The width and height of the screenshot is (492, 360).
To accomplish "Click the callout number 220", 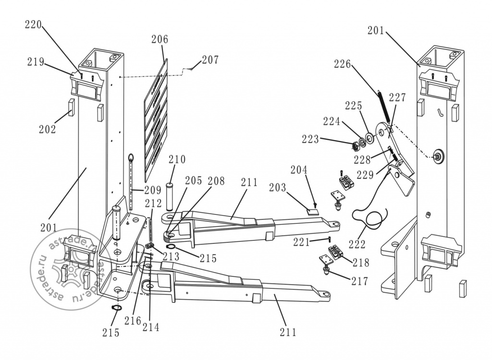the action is [x=33, y=25].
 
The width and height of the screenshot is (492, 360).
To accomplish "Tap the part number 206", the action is [x=160, y=39].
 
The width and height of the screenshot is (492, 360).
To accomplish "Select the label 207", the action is [x=210, y=60].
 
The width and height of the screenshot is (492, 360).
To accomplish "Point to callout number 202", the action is [x=48, y=129].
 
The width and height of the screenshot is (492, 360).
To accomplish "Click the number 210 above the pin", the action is [x=177, y=159].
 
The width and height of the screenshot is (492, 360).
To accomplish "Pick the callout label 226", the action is [x=342, y=64].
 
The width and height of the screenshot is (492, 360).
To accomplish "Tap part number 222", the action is [x=357, y=244].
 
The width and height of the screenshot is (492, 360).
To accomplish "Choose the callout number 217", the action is [x=359, y=281].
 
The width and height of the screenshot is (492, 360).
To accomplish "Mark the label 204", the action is [x=299, y=169].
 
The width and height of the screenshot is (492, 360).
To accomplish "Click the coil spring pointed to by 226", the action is [x=384, y=107].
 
